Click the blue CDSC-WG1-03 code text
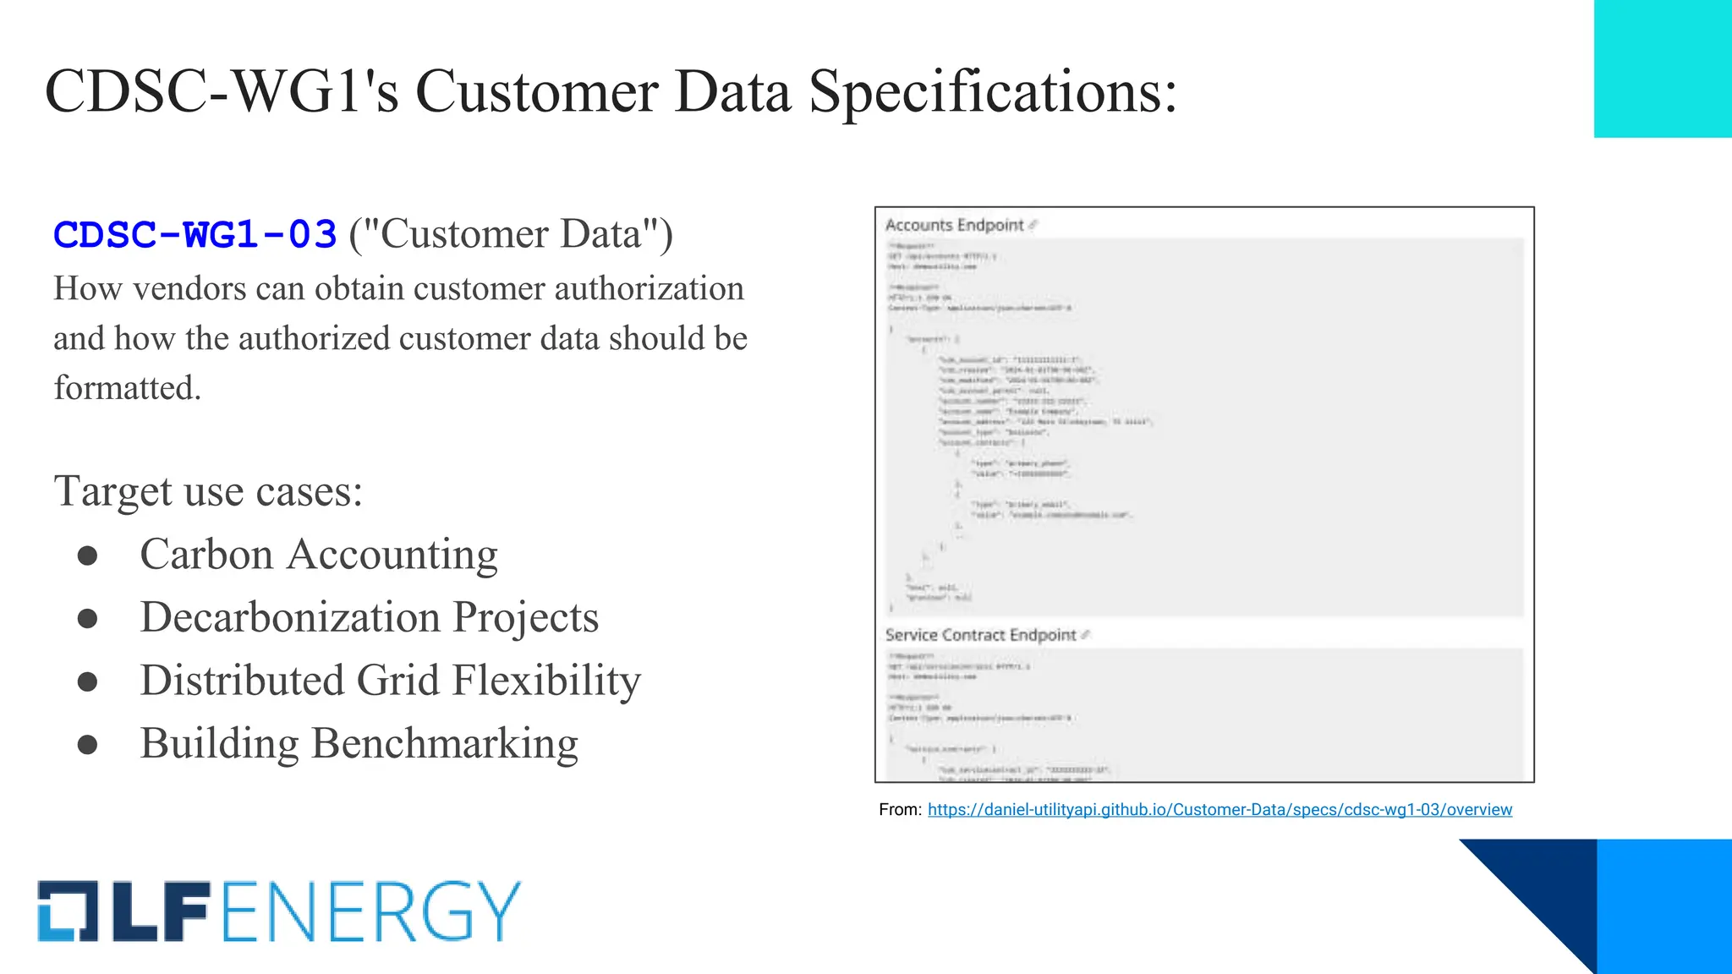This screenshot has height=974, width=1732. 195,235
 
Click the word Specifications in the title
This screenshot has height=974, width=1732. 993,91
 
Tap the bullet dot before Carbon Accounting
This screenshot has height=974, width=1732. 87,556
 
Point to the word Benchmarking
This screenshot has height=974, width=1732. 445,744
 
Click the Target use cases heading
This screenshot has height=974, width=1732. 208,491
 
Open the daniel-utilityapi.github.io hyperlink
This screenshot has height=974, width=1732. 1220,810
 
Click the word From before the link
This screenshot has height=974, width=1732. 900,810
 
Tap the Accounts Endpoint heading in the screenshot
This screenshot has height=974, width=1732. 954,225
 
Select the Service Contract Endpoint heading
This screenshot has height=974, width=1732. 980,635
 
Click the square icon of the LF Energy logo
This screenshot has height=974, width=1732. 68,911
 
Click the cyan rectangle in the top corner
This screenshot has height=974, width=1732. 1663,68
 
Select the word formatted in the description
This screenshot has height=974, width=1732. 127,388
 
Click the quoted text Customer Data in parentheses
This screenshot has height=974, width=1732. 511,235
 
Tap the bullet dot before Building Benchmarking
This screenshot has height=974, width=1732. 87,745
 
